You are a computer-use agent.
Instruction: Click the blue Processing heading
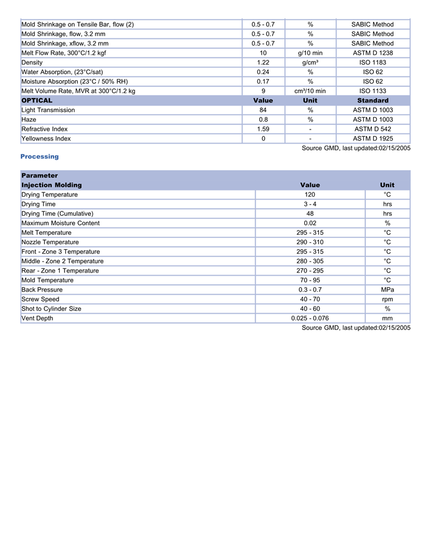(40, 157)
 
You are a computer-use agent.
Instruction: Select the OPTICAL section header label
(37, 101)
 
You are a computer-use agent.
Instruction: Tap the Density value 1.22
(263, 62)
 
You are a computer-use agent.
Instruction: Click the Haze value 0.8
(263, 120)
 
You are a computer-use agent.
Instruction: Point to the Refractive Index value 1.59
(263, 129)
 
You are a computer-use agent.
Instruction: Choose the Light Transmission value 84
(263, 110)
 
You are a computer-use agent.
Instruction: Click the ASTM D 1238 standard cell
(373, 53)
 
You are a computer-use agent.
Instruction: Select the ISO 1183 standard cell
(373, 62)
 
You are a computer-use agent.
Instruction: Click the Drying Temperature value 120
(310, 195)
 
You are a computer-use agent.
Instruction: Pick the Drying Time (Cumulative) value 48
(310, 214)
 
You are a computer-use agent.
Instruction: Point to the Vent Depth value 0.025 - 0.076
(310, 318)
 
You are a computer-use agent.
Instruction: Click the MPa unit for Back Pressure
(387, 290)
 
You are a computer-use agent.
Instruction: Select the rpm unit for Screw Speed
(387, 299)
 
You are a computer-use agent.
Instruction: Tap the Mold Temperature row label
(47, 281)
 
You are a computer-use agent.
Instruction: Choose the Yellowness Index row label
(46, 139)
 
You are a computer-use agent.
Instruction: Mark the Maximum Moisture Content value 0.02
(310, 223)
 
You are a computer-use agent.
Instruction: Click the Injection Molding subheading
(51, 185)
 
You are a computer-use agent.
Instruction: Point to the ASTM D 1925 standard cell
(373, 139)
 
